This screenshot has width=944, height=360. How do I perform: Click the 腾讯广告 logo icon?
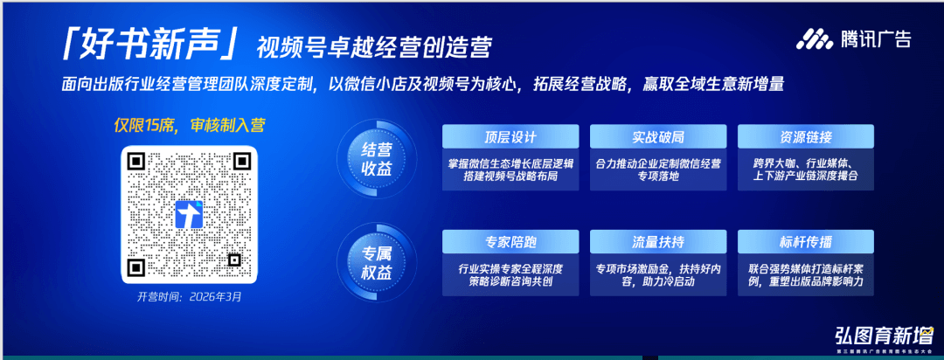pos(814,38)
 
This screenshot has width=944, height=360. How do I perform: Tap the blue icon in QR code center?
pos(189,213)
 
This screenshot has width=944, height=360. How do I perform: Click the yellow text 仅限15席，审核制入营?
pos(189,126)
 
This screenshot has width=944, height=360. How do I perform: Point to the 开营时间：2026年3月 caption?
pos(189,297)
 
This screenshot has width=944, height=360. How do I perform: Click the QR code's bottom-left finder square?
pos(136,267)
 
